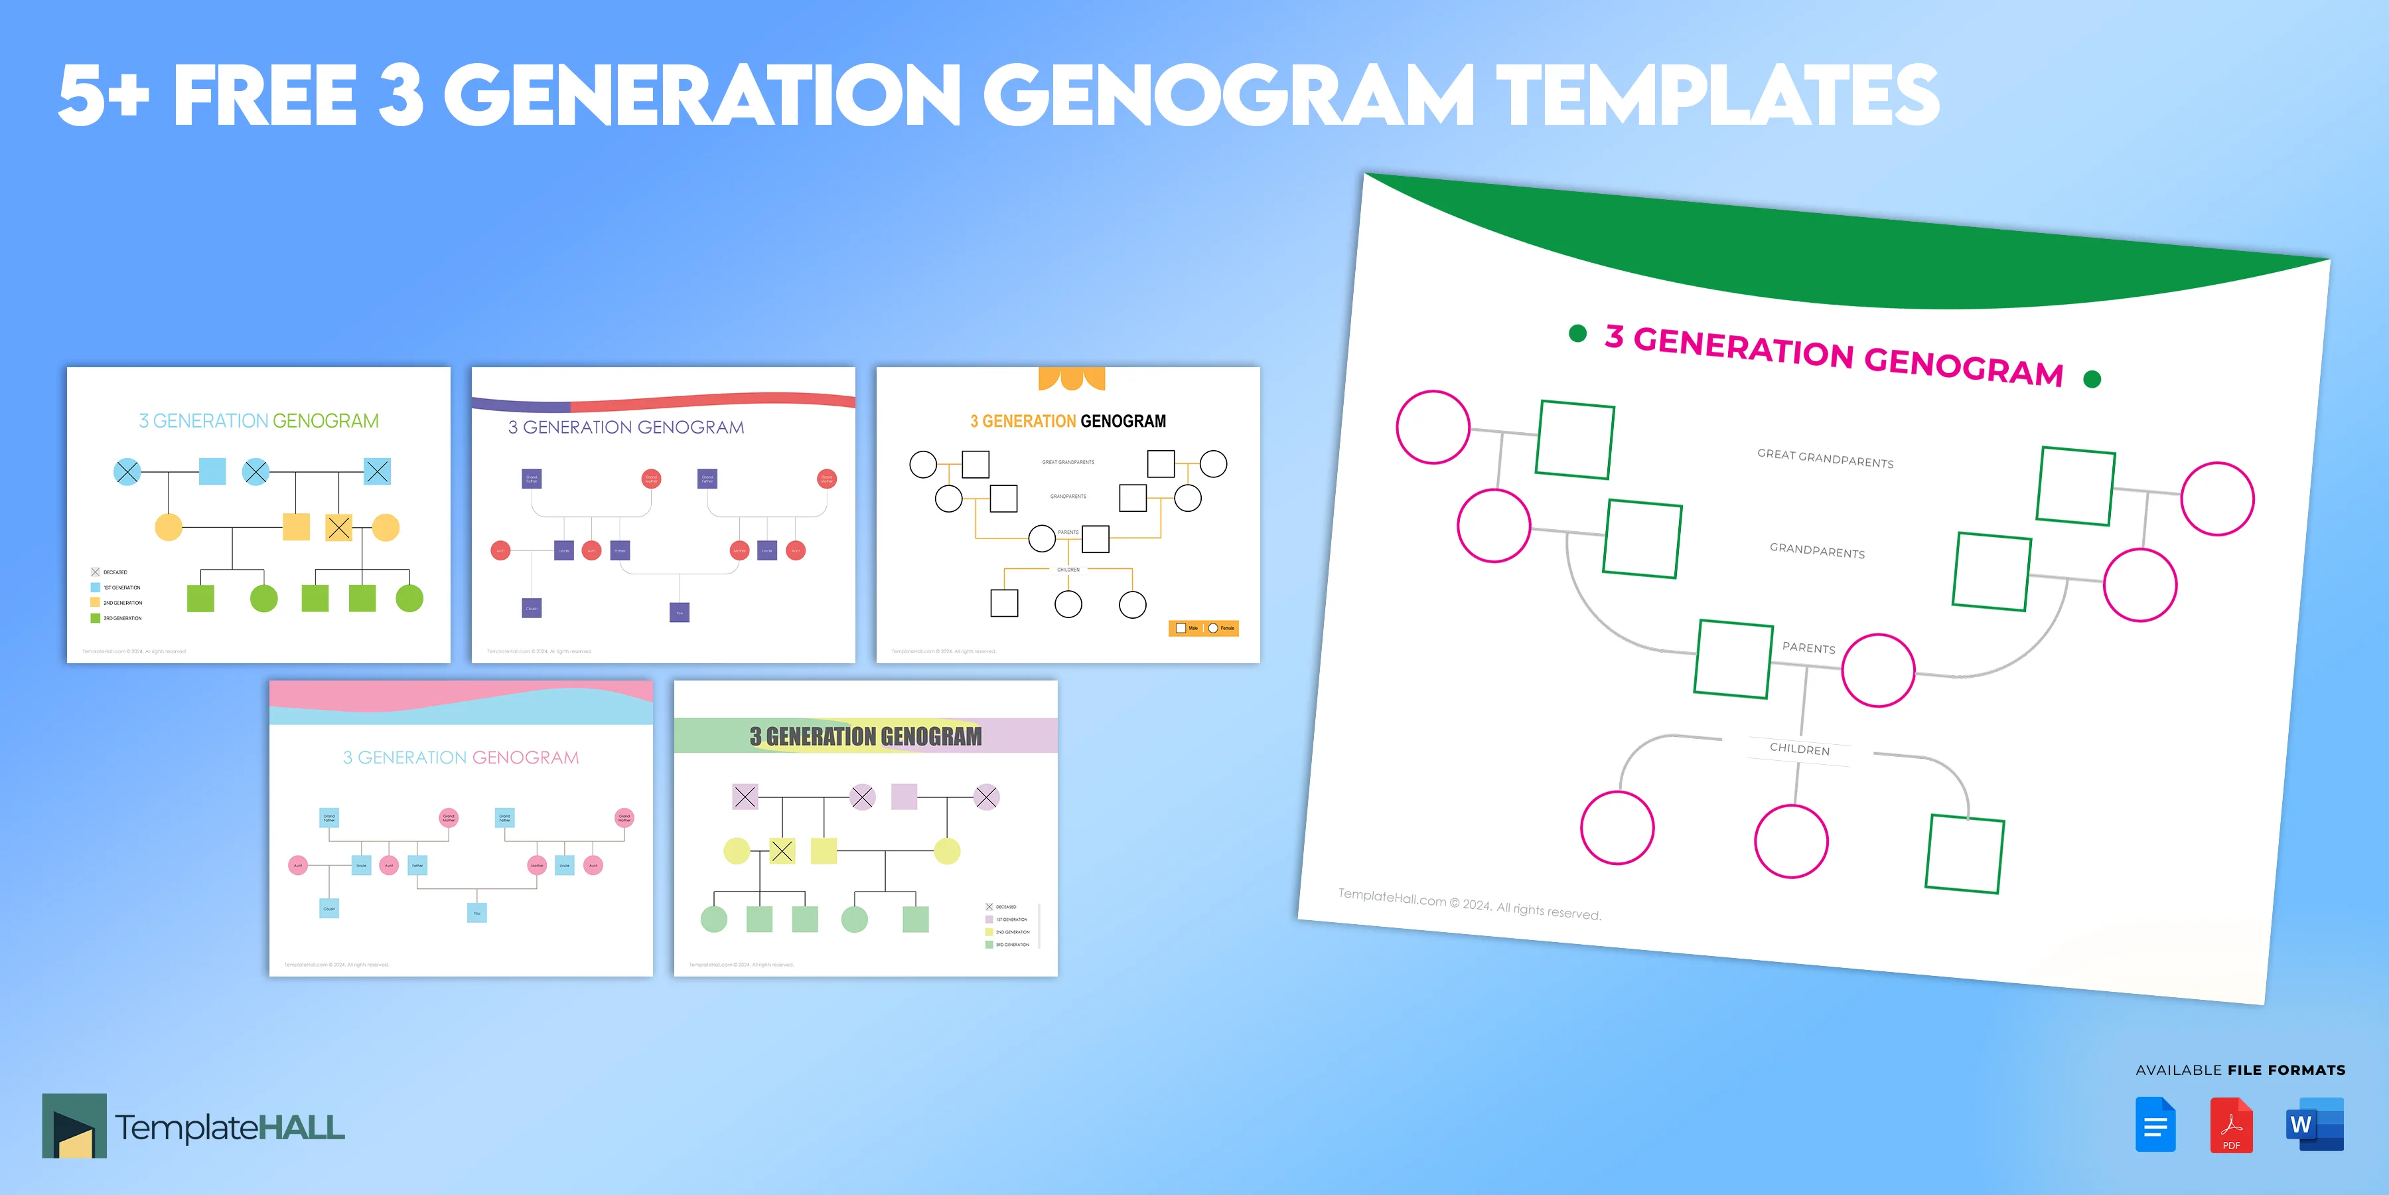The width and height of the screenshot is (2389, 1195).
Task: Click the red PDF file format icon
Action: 2230,1125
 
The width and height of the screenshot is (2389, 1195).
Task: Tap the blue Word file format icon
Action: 2314,1125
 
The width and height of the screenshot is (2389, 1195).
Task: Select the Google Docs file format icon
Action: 2155,1125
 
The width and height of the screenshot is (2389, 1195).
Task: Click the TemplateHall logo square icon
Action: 74,1125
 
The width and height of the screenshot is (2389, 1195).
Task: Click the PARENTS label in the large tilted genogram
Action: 1808,647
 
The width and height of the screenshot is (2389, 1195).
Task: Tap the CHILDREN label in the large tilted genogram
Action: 1799,749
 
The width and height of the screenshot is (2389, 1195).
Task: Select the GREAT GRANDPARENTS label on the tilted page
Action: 1825,458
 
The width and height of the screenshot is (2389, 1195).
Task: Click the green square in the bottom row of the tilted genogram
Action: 1964,854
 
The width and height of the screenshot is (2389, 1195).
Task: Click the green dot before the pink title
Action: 1577,333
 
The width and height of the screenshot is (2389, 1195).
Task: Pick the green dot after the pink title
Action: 2092,378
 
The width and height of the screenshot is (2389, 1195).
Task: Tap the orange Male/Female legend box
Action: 1203,628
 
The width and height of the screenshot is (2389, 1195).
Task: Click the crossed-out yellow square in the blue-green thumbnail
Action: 338,528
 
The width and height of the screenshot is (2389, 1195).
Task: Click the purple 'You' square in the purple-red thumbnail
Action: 679,612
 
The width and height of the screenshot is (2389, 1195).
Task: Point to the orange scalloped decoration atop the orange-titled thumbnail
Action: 1071,378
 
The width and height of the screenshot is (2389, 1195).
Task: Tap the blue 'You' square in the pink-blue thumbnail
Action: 476,913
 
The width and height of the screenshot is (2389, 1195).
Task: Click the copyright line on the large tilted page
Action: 1469,904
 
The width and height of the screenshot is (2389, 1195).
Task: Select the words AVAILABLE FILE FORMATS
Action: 2240,1070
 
